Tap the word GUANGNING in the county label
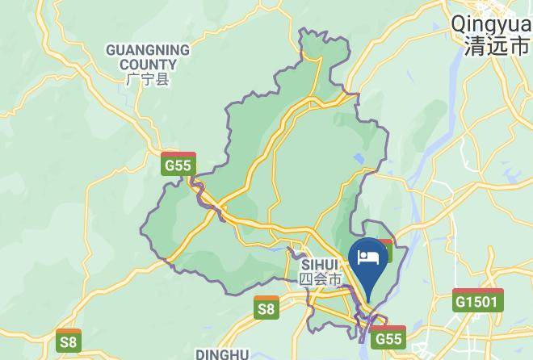148,50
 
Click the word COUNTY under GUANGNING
148,65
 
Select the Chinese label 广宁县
148,80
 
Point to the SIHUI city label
321,264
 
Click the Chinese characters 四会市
321,278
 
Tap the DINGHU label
222,354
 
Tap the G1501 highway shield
478,300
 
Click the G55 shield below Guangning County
178,164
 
